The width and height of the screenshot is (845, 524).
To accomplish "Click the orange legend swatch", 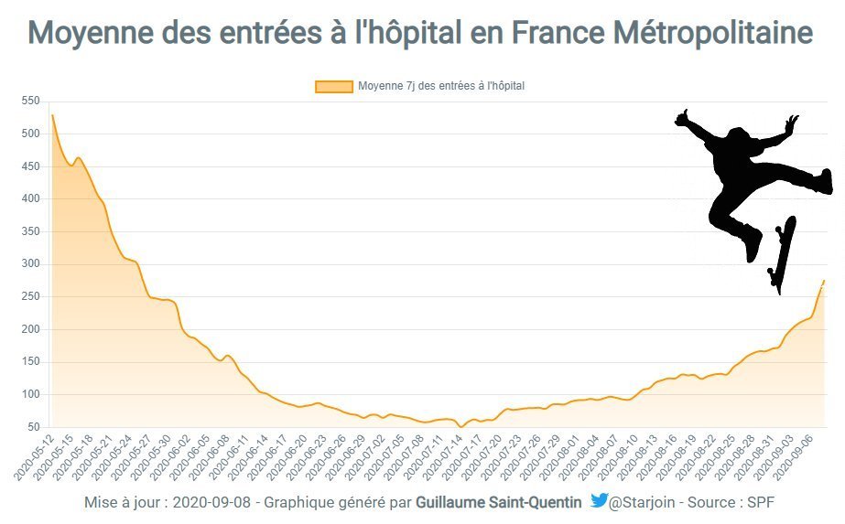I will coord(333,86).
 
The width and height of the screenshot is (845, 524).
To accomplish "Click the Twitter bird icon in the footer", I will coord(599,500).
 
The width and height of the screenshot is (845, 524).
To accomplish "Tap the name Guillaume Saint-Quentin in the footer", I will coord(498,502).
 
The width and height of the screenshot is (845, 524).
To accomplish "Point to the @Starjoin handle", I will coord(645,502).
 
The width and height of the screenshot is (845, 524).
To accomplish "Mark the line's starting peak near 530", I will coord(52,115).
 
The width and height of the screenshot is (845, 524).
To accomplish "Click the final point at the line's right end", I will coord(824,281).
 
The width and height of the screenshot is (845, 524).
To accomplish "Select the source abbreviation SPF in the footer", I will coord(761,502).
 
